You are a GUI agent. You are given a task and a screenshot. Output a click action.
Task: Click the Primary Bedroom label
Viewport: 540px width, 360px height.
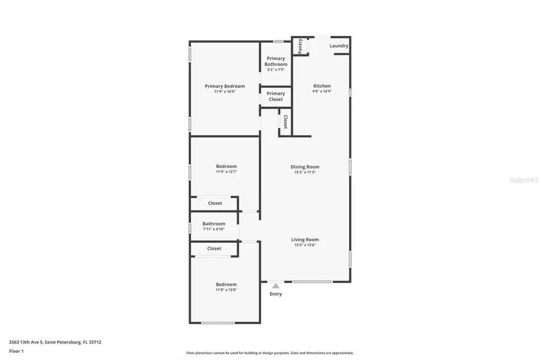pyautogui.click(x=224, y=86)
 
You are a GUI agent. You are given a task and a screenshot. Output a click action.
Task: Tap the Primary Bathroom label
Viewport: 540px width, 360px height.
pyautogui.click(x=276, y=61)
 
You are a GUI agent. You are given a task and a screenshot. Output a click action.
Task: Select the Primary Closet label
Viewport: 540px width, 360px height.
pyautogui.click(x=276, y=96)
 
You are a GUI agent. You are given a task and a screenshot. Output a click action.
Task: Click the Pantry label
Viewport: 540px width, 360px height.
pyautogui.click(x=300, y=46)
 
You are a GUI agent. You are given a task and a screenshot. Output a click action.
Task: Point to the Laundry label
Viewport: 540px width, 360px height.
pyautogui.click(x=339, y=46)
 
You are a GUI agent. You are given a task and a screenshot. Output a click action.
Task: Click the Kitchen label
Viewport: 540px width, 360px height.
pyautogui.click(x=322, y=86)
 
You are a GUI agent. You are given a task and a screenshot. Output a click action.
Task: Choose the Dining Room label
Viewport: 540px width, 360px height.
pyautogui.click(x=305, y=167)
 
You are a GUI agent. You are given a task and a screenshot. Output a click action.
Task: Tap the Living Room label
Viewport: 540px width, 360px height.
pyautogui.click(x=305, y=239)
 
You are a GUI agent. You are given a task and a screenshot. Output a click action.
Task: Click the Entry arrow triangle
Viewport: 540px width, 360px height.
pyautogui.click(x=275, y=286)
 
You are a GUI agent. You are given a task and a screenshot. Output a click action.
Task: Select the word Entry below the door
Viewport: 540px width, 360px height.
pyautogui.click(x=275, y=294)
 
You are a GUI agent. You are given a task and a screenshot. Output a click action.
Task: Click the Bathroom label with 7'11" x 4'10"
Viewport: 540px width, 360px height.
pyautogui.click(x=214, y=224)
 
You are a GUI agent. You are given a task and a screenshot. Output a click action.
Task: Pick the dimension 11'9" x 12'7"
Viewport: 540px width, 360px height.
pyautogui.click(x=226, y=172)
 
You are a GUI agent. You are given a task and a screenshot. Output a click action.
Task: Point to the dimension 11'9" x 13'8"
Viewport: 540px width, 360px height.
pyautogui.click(x=226, y=290)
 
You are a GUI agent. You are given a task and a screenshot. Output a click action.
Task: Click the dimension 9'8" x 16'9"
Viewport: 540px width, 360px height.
pyautogui.click(x=322, y=92)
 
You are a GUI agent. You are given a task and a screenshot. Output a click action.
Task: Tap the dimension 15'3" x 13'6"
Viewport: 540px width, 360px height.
pyautogui.click(x=305, y=245)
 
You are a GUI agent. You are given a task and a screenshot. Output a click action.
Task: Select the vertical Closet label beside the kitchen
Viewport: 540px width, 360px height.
pyautogui.click(x=285, y=122)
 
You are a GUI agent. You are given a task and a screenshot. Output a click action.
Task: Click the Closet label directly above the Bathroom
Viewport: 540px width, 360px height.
pyautogui.click(x=215, y=203)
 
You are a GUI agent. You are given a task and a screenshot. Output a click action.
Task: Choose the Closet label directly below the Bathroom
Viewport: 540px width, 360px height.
pyautogui.click(x=214, y=248)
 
